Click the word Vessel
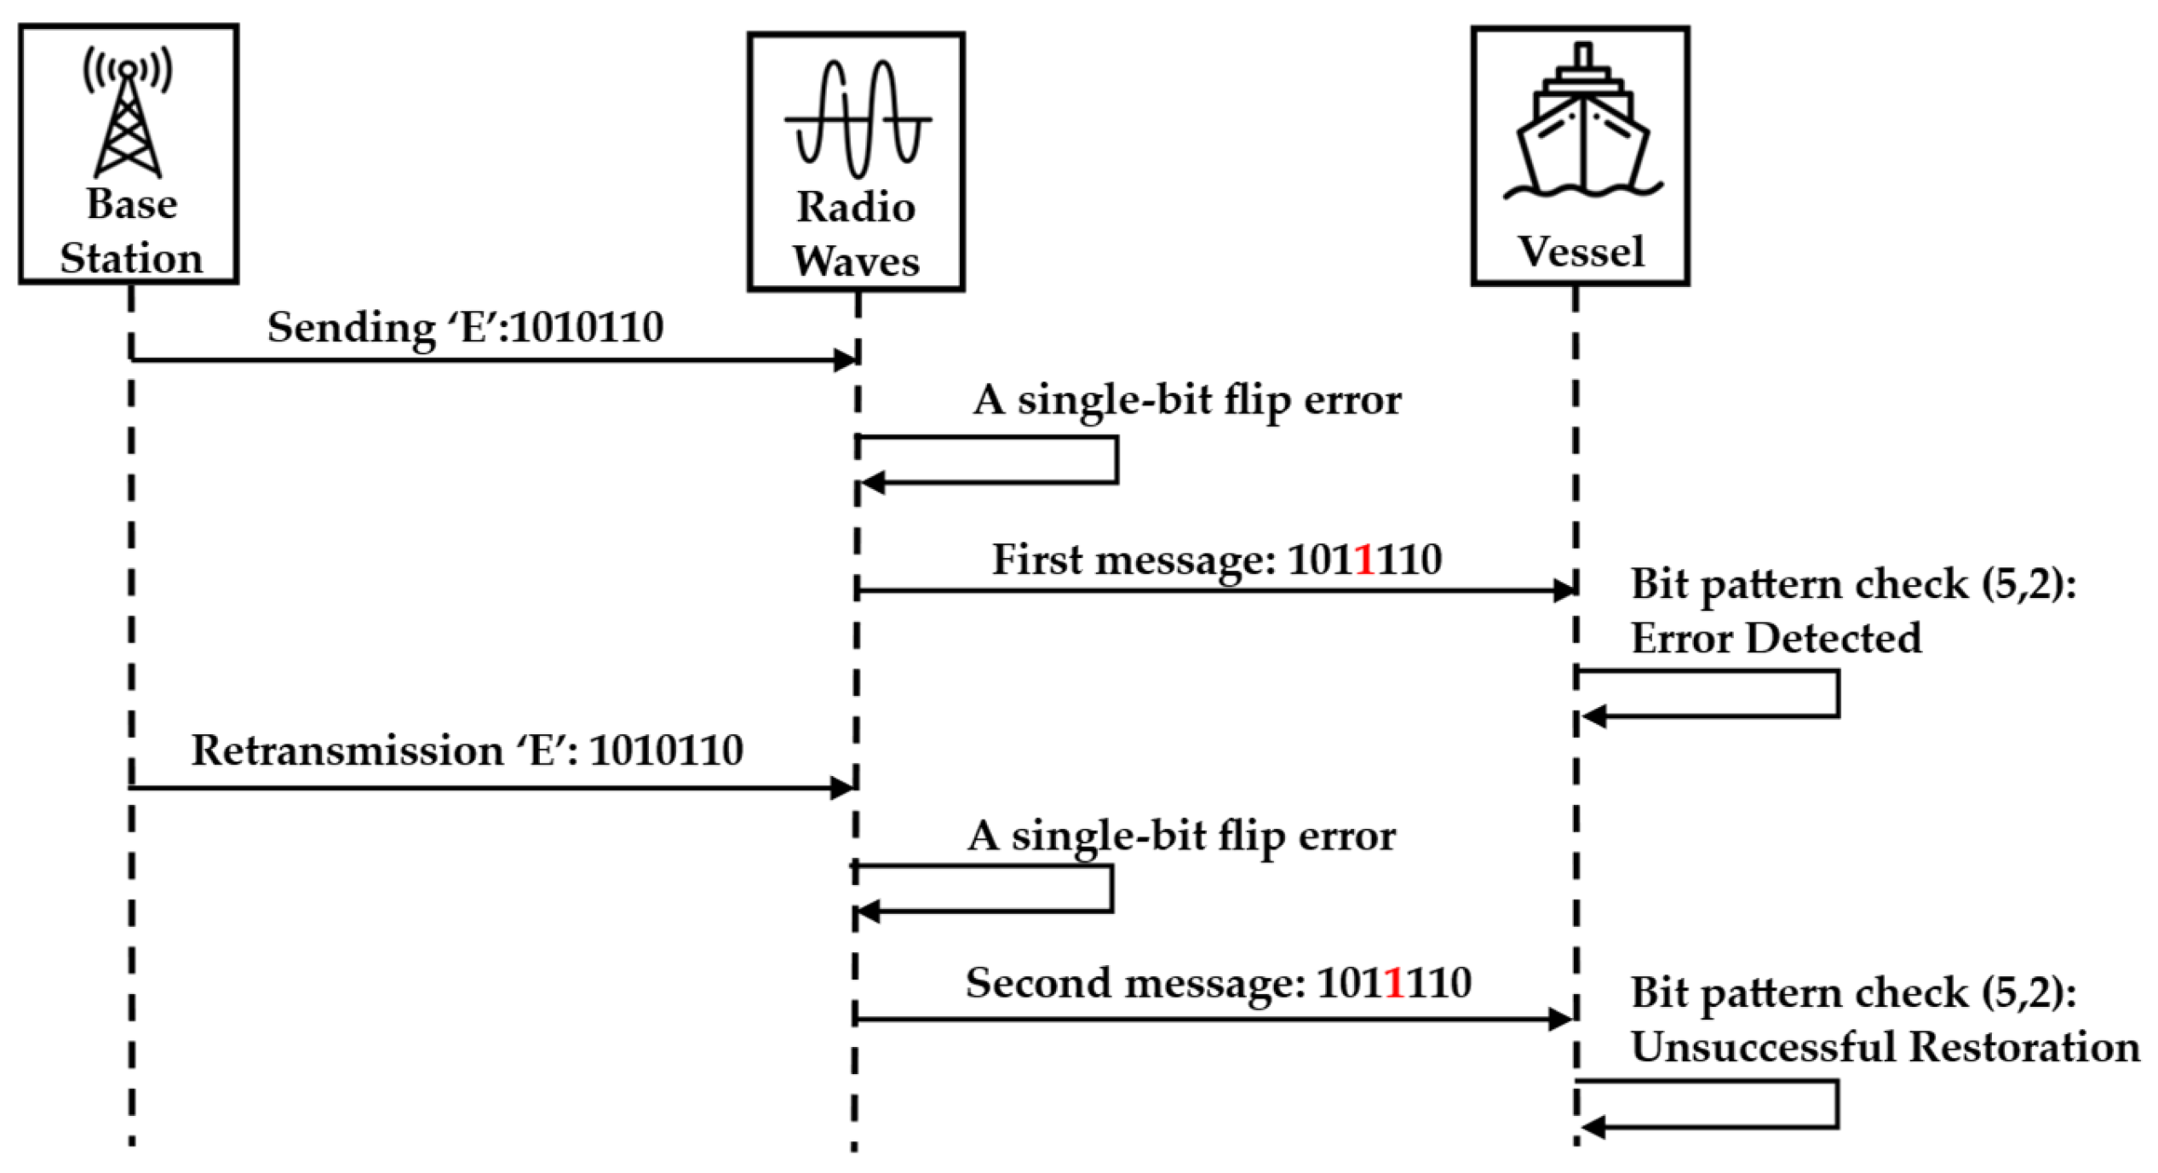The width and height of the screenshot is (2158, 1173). click(1581, 252)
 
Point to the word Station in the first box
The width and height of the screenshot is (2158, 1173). click(131, 258)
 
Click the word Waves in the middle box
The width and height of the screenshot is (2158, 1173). click(856, 261)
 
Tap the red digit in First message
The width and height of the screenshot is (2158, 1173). click(1364, 560)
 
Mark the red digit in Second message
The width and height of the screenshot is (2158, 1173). click(1394, 982)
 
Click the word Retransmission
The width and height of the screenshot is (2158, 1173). click(347, 750)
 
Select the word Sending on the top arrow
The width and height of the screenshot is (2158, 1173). click(352, 328)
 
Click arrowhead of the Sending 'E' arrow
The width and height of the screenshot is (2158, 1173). click(845, 360)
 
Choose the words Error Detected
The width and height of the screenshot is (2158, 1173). click(1776, 638)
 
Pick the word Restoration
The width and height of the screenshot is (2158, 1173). click(2024, 1047)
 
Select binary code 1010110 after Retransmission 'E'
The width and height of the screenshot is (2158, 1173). click(666, 750)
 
